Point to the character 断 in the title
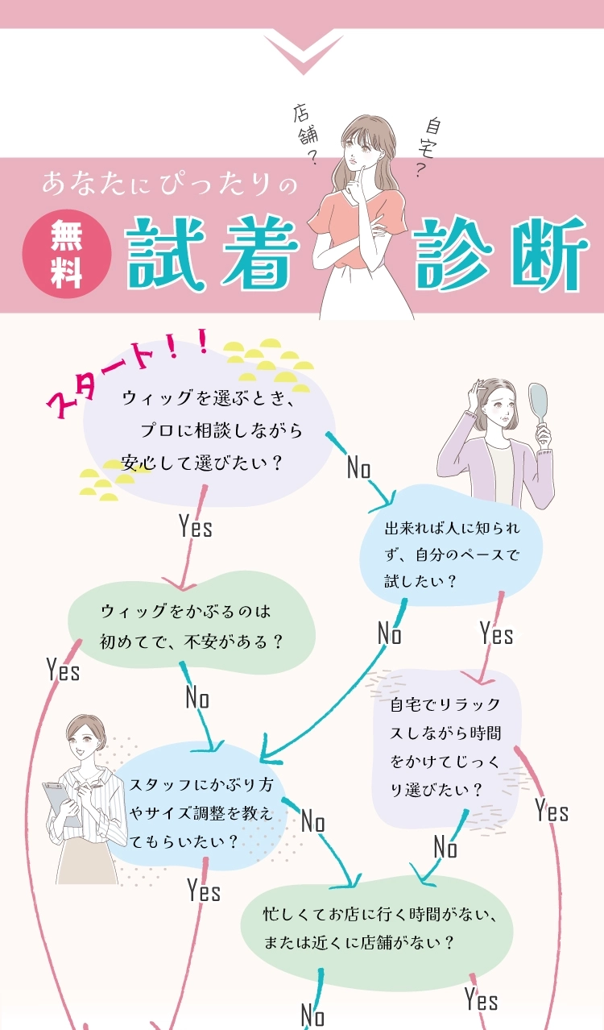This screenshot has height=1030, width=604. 544,254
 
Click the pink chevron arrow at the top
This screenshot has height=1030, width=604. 302,51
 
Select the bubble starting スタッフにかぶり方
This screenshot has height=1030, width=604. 205,812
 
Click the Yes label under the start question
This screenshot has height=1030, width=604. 196,527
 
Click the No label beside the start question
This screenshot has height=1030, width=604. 358,467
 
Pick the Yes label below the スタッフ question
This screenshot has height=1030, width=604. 204,890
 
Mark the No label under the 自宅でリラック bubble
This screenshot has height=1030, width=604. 445,847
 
